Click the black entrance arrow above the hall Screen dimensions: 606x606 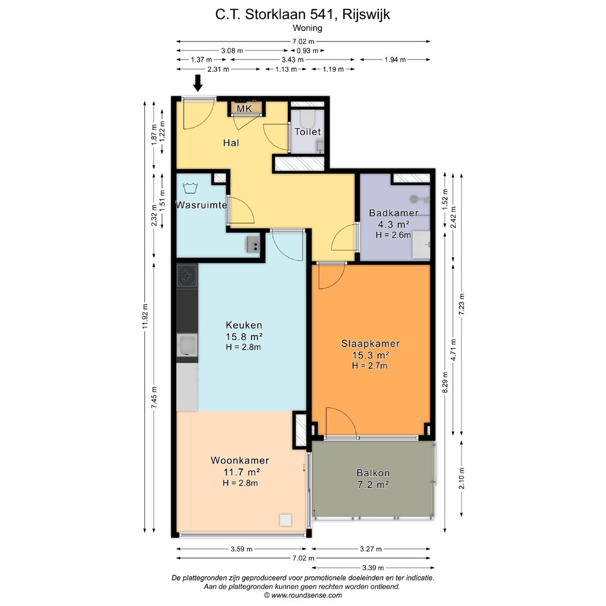[198, 83]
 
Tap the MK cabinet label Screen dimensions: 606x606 [244, 108]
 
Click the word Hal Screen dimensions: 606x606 [231, 143]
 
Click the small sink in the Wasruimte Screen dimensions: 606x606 [253, 244]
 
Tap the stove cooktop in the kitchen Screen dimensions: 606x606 [187, 276]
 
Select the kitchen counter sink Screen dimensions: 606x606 [186, 345]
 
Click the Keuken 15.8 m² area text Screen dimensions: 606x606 [244, 336]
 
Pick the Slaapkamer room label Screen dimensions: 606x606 [370, 344]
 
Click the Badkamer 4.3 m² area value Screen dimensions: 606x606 [393, 224]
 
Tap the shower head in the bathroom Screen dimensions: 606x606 [415, 198]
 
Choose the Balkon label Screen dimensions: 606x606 [373, 473]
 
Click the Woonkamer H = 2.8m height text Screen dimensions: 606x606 [240, 483]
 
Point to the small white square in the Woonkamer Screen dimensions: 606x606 [286, 520]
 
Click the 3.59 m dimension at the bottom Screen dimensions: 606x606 [241, 549]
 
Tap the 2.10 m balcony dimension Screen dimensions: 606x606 [461, 478]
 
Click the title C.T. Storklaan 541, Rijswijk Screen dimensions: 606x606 [302, 15]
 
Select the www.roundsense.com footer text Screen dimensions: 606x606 [302, 595]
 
